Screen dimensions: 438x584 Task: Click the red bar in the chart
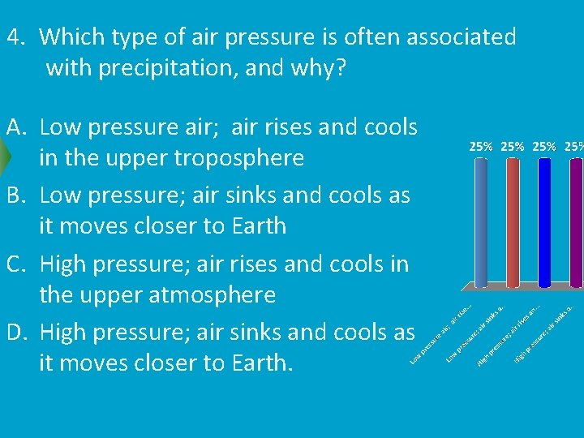pos(513,223)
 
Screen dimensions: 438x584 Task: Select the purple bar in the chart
pos(576,223)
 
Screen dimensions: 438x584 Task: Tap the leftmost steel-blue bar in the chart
pos(481,223)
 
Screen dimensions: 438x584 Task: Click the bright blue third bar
pos(545,223)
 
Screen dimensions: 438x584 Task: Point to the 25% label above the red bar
pos(513,146)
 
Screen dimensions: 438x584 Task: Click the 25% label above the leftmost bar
pos(482,146)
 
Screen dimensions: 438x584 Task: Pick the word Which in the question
pos(72,36)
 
